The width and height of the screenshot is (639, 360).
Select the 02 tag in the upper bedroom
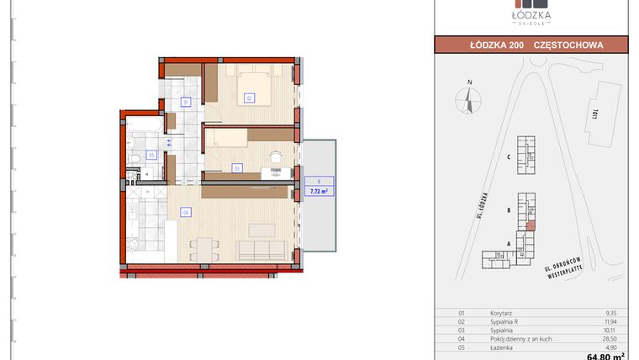(x=249, y=98)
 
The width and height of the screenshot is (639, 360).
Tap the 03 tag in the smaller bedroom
(x=237, y=168)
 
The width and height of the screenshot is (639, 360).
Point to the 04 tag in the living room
(x=185, y=212)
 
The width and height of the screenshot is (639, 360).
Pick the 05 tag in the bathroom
(x=151, y=155)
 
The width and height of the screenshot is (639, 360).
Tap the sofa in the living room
(x=260, y=249)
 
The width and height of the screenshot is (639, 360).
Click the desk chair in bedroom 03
(x=274, y=155)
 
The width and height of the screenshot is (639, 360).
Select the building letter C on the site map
(x=509, y=157)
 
